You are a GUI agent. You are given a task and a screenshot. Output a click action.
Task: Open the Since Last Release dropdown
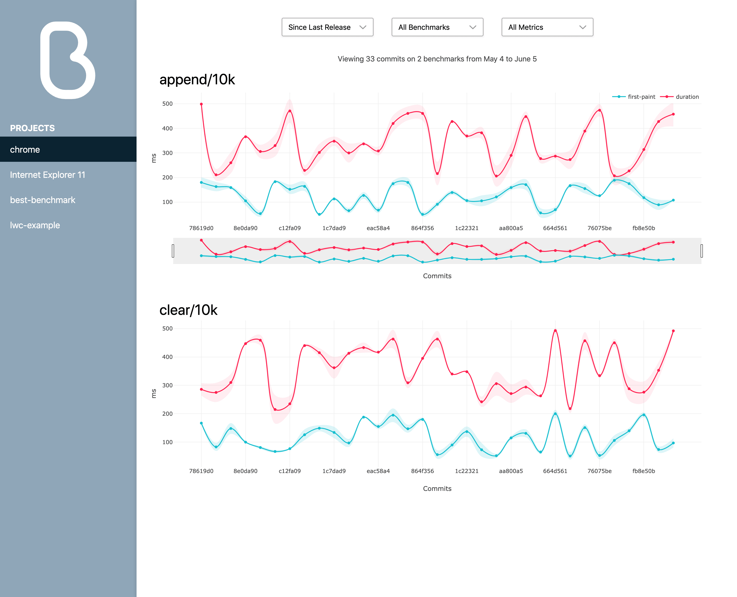click(327, 27)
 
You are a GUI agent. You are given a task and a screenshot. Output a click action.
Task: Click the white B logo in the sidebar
click(68, 61)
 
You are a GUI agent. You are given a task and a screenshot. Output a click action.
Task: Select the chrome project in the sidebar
click(25, 150)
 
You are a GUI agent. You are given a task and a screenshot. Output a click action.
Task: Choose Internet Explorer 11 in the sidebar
click(47, 175)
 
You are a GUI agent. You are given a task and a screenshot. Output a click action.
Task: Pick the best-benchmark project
click(43, 200)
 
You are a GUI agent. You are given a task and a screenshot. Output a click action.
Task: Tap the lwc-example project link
click(35, 225)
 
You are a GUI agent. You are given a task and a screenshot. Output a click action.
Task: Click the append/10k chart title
click(197, 80)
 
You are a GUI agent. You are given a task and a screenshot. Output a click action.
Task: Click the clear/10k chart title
click(188, 310)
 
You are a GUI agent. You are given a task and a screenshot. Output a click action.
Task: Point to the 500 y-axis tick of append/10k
click(167, 104)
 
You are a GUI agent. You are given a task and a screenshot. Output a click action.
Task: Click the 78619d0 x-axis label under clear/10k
click(201, 471)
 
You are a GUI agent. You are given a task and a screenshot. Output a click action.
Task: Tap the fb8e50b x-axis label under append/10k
click(644, 228)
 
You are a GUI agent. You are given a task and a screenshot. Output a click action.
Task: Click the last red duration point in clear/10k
click(673, 331)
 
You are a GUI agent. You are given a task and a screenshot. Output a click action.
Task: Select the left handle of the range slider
click(173, 251)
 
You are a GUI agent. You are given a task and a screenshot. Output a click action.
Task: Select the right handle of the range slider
click(701, 251)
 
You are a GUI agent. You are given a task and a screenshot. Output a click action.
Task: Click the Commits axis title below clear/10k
click(437, 488)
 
